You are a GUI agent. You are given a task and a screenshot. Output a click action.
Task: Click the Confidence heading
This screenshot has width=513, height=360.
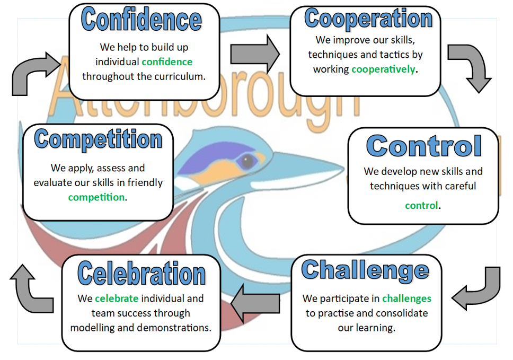141,20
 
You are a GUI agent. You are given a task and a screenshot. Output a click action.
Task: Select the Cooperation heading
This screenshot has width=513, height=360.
368,19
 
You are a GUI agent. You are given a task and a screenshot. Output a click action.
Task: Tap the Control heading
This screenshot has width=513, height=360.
424,146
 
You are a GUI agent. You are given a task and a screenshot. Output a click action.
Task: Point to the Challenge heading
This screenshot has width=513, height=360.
365,271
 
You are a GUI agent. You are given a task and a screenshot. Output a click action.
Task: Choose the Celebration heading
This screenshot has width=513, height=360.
141,274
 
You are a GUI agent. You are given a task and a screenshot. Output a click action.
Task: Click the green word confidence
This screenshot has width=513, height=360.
167,62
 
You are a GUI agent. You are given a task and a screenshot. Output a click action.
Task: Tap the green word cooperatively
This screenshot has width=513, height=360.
383,69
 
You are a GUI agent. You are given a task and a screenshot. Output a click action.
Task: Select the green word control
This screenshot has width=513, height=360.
421,206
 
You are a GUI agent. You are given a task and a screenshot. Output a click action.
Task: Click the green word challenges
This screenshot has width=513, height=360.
406,299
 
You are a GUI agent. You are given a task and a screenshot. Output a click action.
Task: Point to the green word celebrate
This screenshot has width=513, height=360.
117,298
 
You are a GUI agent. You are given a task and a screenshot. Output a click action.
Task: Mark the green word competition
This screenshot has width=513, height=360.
96,197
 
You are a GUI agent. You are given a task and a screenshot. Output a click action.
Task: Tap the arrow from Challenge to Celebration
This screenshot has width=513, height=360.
255,303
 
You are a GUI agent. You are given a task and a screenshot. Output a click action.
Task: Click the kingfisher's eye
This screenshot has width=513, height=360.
247,161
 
